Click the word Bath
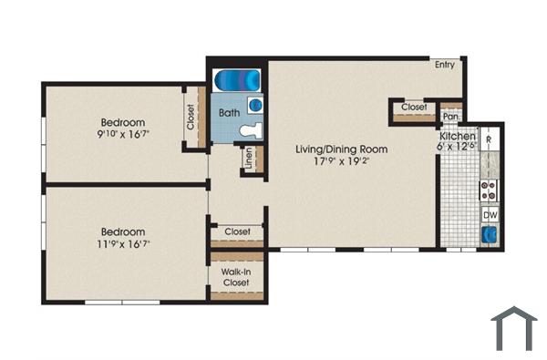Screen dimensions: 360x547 (x=229, y=114)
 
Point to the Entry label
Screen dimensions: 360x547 (x=445, y=65)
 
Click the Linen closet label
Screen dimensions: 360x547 (x=249, y=159)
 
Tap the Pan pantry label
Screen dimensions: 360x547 (x=449, y=117)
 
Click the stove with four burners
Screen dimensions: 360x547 (x=490, y=190)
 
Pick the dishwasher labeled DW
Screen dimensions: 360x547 (x=490, y=214)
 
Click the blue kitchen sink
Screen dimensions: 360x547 (x=490, y=234)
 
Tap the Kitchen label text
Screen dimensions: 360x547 (x=457, y=137)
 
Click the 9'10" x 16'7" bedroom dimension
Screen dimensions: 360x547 (x=123, y=133)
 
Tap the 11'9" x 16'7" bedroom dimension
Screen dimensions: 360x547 (x=123, y=244)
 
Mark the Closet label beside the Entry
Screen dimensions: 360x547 (x=414, y=108)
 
